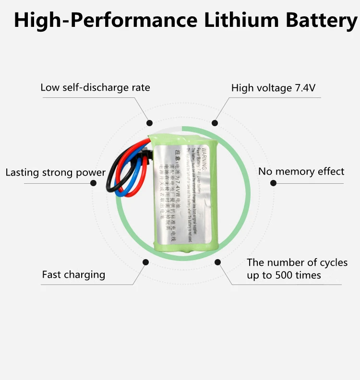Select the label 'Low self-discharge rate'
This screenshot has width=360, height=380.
95,88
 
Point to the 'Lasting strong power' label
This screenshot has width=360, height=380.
55,173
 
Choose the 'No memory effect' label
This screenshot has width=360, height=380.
301,171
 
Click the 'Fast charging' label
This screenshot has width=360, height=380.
73,275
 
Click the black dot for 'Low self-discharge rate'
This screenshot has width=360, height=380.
150,123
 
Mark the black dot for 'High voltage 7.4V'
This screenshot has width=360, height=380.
215,123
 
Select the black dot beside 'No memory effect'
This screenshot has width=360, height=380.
273,183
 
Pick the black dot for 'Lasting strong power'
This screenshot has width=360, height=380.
94,183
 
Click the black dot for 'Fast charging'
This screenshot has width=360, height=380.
145,262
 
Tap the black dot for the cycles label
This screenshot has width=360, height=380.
217,262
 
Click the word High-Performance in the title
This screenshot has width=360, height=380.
105,21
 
